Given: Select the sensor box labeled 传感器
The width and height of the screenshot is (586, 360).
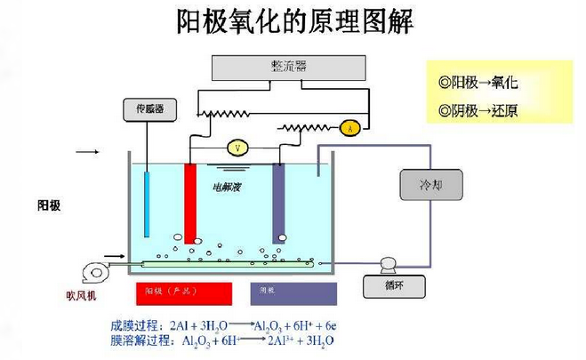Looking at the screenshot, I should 149,108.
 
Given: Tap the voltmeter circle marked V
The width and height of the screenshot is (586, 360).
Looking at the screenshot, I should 237,147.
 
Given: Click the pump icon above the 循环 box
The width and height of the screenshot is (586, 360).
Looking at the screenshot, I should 389,264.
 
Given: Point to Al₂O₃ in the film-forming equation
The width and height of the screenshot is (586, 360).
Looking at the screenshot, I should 268,326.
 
